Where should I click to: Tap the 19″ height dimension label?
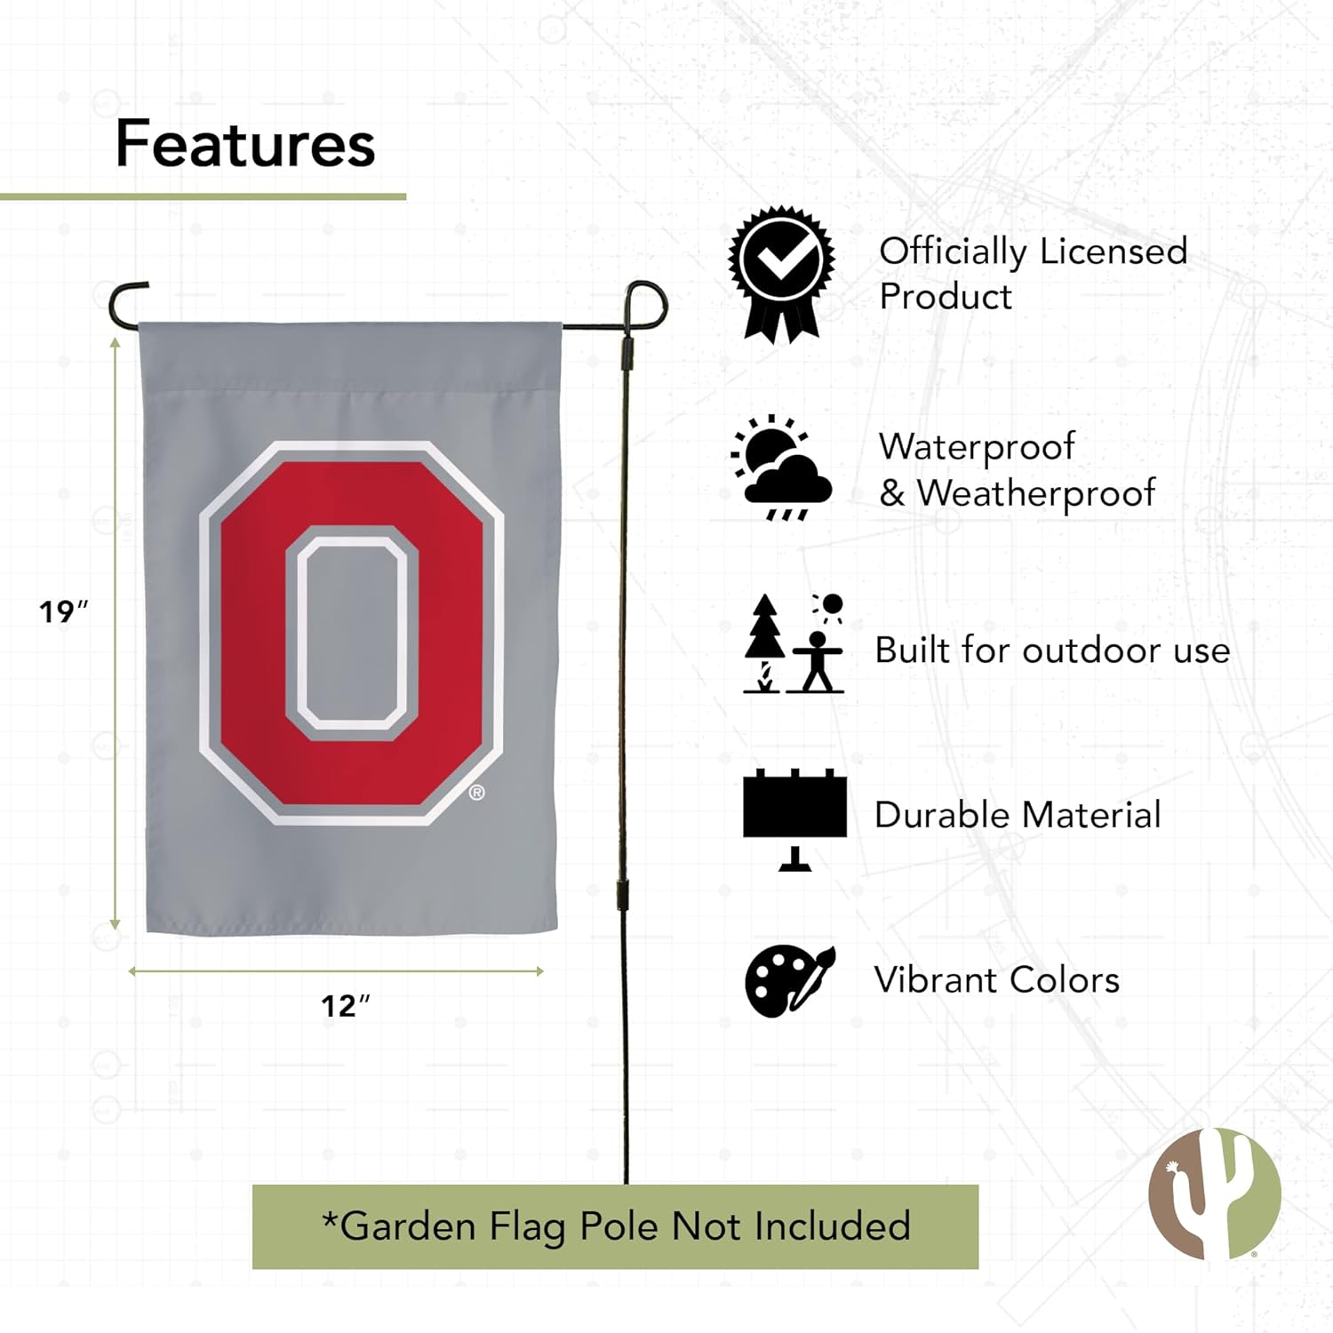(63, 611)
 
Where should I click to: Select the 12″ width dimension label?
(345, 1005)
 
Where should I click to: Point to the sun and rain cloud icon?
(781, 467)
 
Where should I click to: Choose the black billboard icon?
(794, 818)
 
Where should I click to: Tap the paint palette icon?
(789, 979)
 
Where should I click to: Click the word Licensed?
(1113, 251)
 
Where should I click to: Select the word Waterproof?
(977, 447)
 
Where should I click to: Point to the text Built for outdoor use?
(1052, 651)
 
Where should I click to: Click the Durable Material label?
(1018, 815)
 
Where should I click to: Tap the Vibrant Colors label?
(997, 980)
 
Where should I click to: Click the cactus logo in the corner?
(1214, 1193)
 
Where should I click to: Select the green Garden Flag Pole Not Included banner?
(615, 1226)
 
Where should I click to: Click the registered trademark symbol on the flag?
(477, 792)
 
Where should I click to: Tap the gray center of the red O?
(352, 633)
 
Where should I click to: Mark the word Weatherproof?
(1035, 493)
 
